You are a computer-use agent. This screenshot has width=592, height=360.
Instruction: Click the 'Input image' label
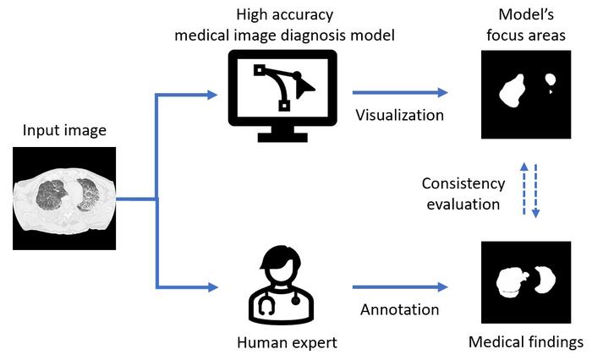63,130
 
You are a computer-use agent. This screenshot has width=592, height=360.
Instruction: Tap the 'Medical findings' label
526,342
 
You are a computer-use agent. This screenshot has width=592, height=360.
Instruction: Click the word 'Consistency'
464,183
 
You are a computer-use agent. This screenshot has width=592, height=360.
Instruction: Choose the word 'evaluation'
464,204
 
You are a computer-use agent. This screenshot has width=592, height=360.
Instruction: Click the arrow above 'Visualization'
399,92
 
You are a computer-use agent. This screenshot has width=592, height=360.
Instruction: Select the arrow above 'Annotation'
399,288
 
